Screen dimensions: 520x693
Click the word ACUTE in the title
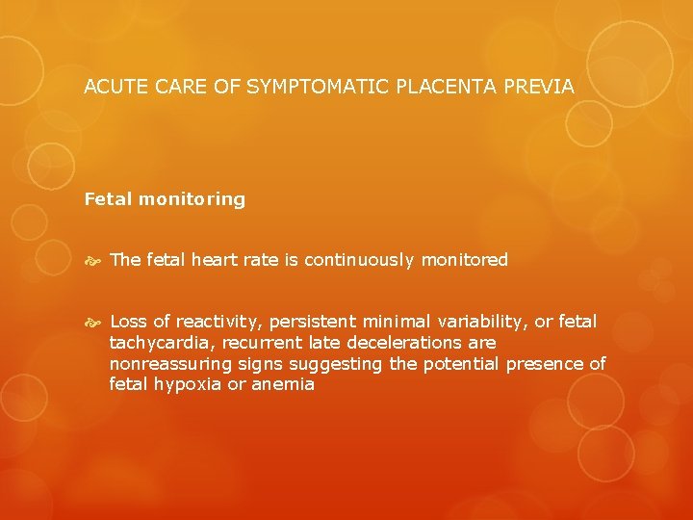pyautogui.click(x=113, y=87)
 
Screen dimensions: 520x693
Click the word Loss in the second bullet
pyautogui.click(x=128, y=322)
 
